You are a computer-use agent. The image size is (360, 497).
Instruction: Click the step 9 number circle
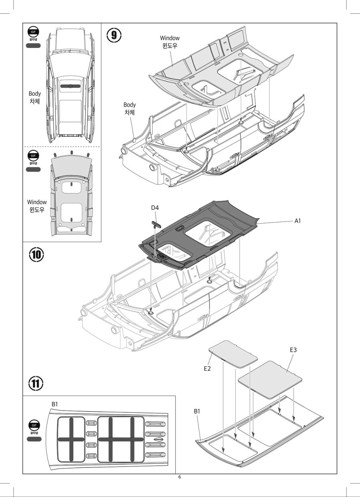[x=114, y=35]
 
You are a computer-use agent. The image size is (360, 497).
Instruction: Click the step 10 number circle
[x=36, y=254]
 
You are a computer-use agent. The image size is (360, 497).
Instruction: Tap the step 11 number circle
[x=36, y=384]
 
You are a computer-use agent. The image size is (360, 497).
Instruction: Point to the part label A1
[x=298, y=220]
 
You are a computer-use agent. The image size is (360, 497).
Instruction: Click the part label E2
[x=207, y=368]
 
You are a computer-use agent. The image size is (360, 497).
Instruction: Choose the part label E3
[x=293, y=350]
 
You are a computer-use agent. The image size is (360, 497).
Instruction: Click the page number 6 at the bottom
[x=180, y=477]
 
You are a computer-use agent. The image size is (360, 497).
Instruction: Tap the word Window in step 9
[x=170, y=38]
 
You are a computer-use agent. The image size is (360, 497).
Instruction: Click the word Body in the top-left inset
[x=35, y=94]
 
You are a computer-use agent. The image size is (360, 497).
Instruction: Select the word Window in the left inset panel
[x=37, y=202]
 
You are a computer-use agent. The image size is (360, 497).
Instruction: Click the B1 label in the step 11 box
[x=55, y=404]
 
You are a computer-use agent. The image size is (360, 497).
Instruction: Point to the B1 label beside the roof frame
[x=198, y=411]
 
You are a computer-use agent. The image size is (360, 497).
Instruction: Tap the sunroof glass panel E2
[x=234, y=353]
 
